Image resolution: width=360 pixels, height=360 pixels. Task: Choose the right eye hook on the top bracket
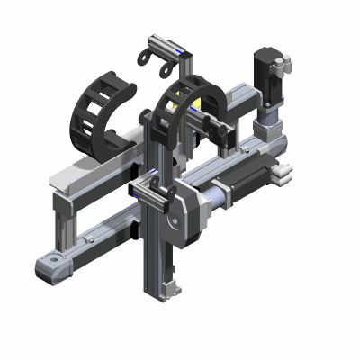click(166, 67)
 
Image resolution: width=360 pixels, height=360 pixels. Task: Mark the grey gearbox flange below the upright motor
click(268, 114)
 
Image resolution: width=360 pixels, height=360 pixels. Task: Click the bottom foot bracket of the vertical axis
click(167, 288)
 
